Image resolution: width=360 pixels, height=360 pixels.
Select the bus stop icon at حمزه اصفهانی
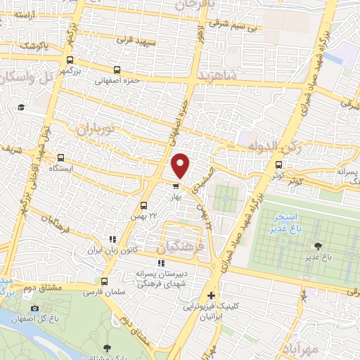pos(117,70)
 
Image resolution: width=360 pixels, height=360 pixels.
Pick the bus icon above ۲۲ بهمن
pos(143,206)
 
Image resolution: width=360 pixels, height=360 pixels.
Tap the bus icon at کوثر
pos(280,165)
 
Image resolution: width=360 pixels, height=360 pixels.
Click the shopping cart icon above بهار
pos(175,186)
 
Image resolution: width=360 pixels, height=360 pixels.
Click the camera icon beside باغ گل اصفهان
pos(35,308)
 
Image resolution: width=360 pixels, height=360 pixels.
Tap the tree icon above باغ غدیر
pos(319,245)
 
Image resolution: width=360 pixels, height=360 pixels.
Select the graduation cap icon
pos(21,107)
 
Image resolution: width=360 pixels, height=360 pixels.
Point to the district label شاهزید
pos(219,74)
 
